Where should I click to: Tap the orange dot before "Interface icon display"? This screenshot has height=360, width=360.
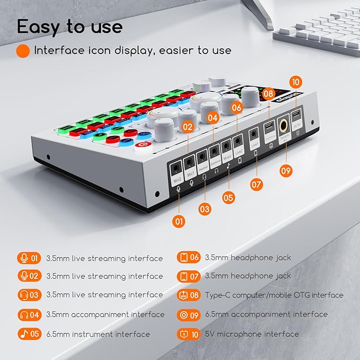[23, 51]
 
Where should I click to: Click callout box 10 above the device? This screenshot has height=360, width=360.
[295, 83]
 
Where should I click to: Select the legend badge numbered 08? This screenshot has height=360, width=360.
[189, 295]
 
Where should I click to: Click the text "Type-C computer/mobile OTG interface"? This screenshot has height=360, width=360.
[274, 295]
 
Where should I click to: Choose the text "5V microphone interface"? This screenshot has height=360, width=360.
[252, 334]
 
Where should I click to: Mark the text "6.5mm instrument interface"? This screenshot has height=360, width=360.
[98, 334]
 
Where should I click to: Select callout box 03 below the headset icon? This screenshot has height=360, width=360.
[205, 209]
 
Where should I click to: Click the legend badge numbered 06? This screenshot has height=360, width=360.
[189, 258]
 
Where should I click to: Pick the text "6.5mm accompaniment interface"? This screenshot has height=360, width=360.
[266, 314]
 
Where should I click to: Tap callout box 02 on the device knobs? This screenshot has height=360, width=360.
[187, 127]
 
